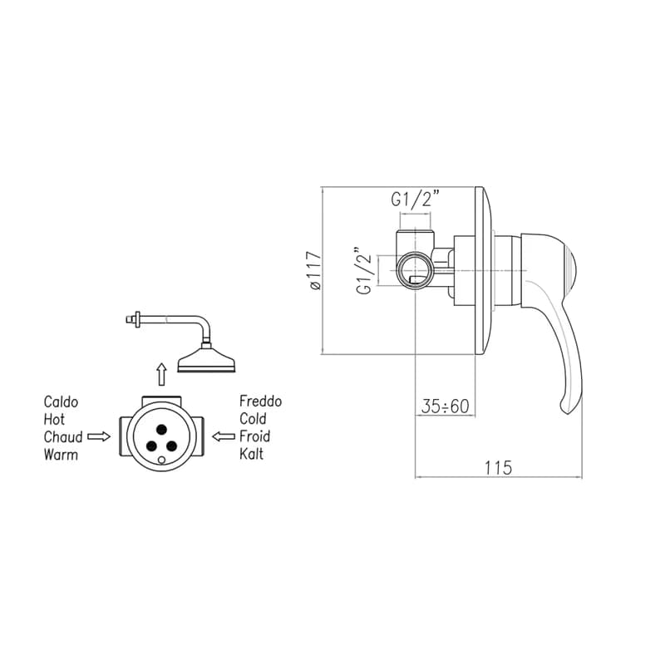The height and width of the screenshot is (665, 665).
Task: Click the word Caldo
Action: [x=61, y=402]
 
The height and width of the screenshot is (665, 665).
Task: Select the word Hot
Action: [x=54, y=420]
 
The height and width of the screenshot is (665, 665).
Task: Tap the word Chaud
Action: [x=63, y=437]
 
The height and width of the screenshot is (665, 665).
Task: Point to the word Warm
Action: [x=61, y=455]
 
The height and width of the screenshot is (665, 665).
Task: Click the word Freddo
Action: [x=260, y=401]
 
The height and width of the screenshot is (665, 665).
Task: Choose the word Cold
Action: [x=253, y=419]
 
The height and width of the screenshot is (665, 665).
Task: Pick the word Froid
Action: [x=255, y=436]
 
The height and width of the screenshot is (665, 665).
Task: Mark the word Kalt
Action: [x=252, y=454]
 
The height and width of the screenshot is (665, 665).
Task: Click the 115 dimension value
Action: [x=499, y=468]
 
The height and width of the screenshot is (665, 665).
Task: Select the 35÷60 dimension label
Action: [x=446, y=406]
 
